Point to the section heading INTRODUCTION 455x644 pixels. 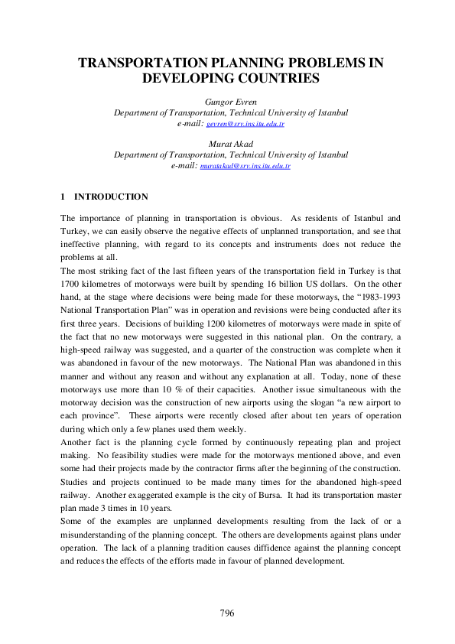click(111, 197)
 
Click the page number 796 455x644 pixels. click(227, 613)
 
